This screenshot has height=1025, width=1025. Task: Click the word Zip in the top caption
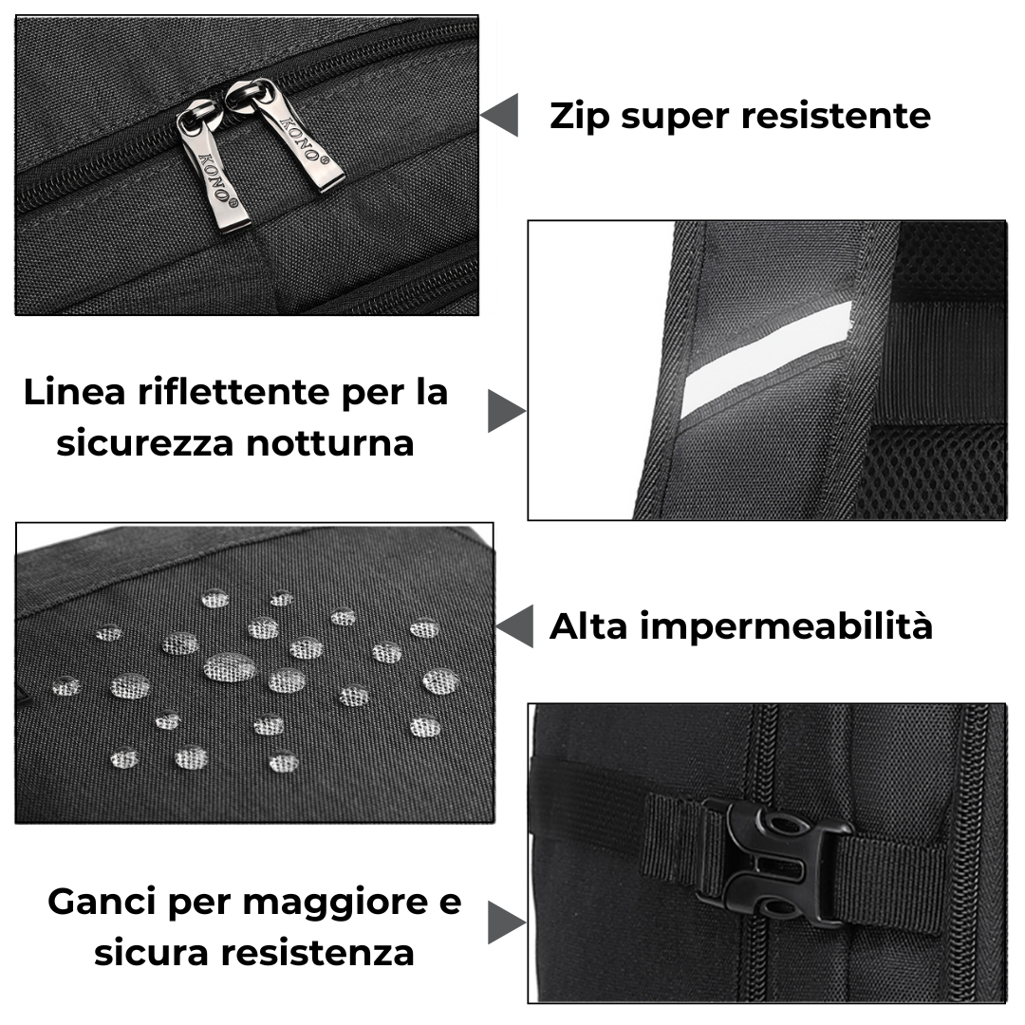579,118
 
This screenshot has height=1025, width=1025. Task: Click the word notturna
330,443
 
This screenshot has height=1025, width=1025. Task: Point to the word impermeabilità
786,627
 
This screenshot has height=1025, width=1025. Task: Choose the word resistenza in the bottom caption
317,953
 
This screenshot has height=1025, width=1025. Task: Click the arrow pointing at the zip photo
499,115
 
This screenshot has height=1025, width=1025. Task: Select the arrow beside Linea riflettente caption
507,411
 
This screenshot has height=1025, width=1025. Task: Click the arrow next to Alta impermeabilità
514,626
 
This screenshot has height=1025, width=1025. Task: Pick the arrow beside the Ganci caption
507,923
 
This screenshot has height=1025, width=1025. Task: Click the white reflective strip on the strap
766,362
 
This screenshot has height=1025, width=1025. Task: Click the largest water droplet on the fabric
230,667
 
